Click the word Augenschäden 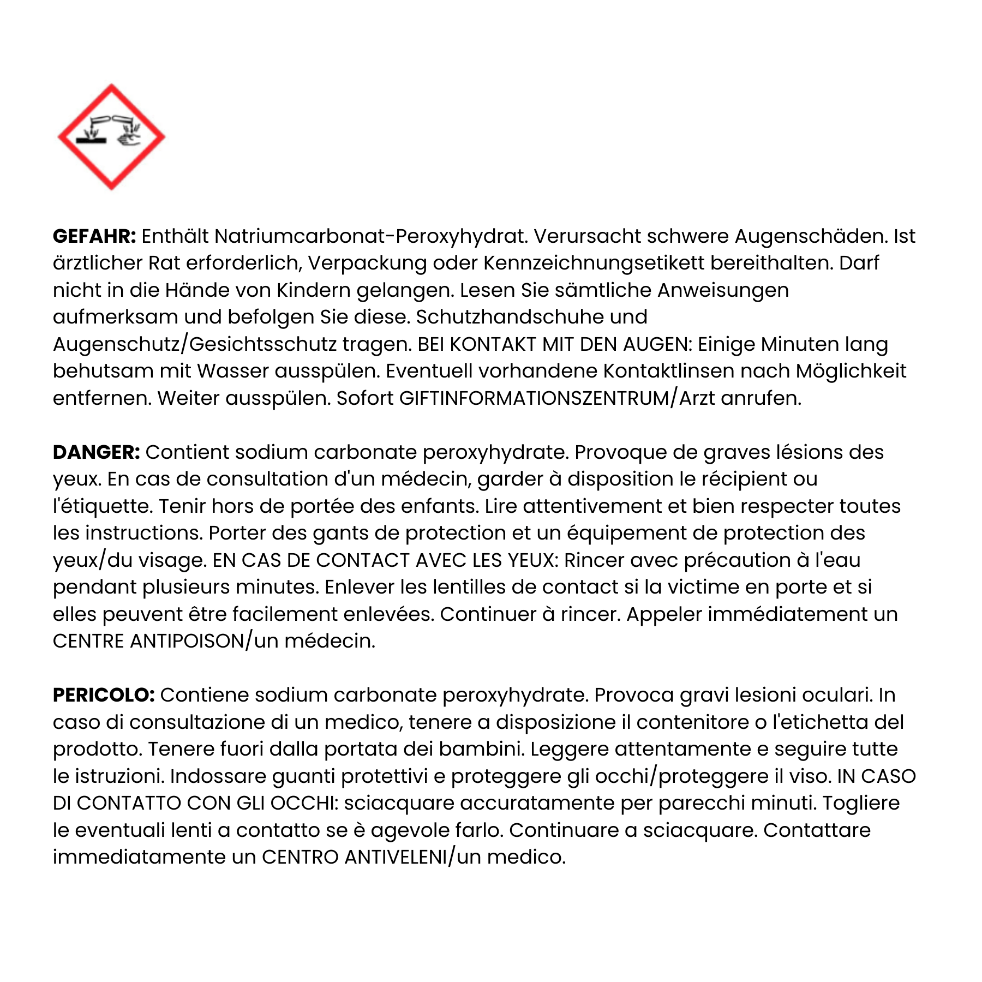[811, 236]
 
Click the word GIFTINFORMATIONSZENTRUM [534, 398]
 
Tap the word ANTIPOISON [187, 641]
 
